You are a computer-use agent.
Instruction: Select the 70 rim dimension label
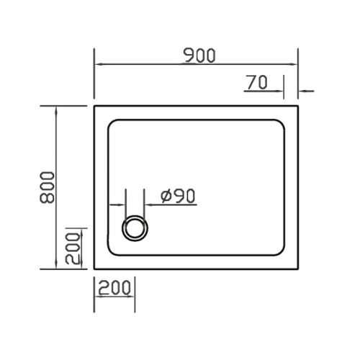[x=256, y=83]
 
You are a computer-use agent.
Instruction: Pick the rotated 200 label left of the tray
[x=72, y=248]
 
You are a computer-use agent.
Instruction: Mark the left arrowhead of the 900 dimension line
[x=99, y=65]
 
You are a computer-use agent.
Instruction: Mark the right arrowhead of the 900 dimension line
[x=295, y=65]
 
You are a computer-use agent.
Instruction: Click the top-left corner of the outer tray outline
[x=95, y=106]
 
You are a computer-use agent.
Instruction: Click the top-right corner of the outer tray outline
[x=299, y=106]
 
